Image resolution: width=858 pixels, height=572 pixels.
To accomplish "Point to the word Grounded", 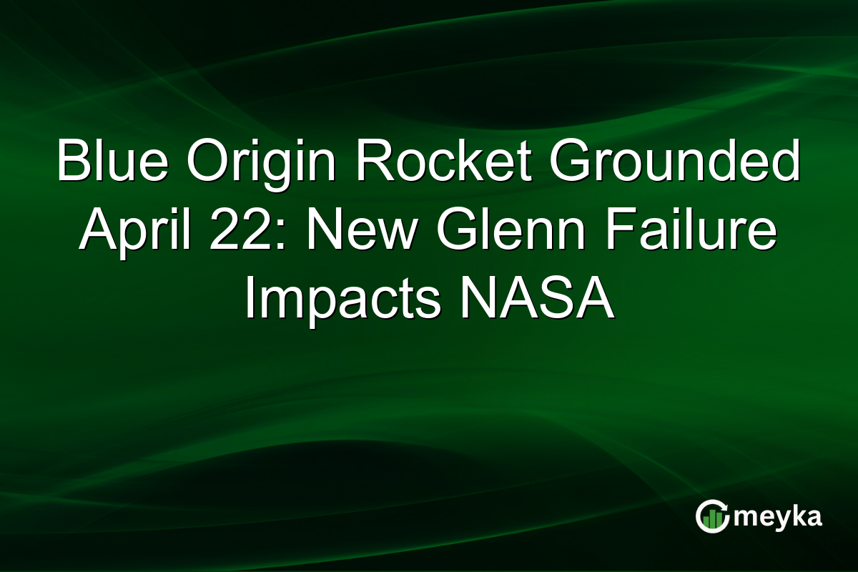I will point(665,163).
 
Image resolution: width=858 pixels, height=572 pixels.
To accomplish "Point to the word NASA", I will point(536,300).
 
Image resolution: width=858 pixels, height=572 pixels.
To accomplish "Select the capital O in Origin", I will point(206,163).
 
